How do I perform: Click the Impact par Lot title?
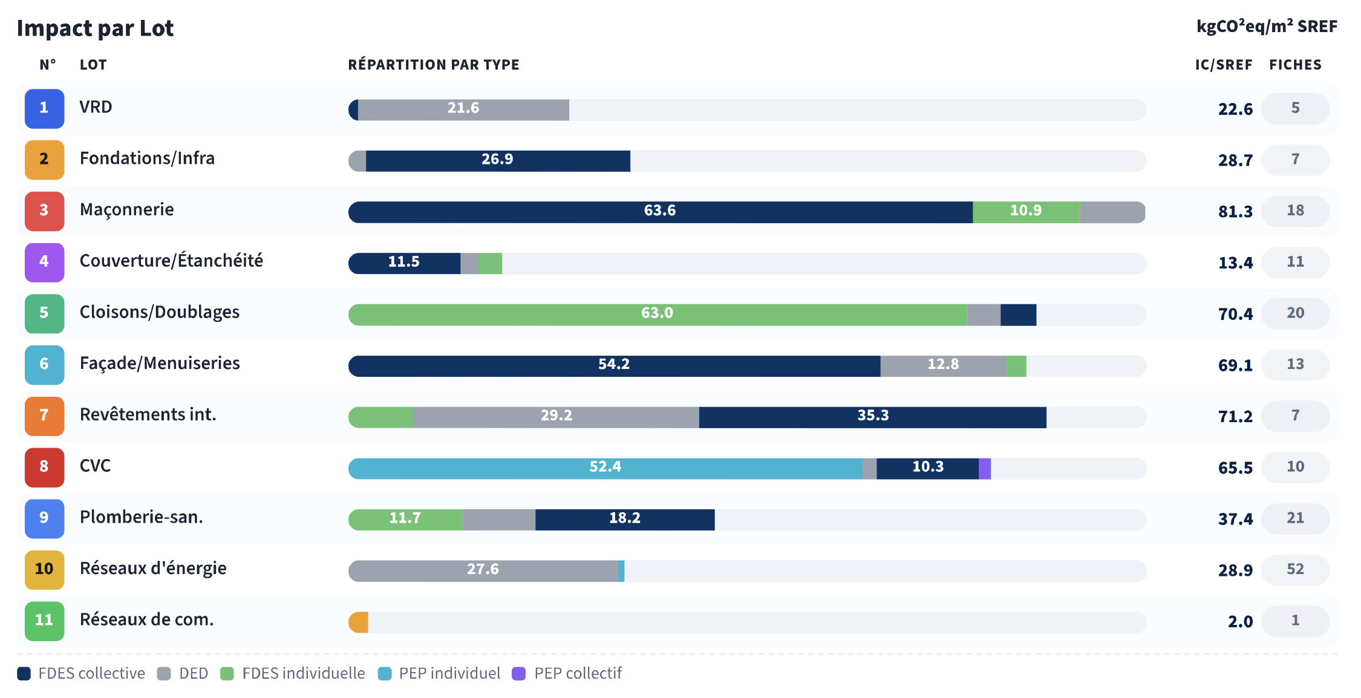click(95, 28)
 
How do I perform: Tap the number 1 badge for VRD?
click(44, 108)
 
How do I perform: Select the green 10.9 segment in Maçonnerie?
click(1026, 212)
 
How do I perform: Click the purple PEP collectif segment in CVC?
click(985, 469)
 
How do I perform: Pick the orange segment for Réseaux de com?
click(359, 622)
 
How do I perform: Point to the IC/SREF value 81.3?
click(1235, 212)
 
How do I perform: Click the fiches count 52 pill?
click(1295, 570)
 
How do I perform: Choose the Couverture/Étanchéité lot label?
click(171, 261)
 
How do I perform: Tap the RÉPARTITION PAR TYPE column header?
click(434, 65)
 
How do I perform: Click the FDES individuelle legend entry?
click(303, 674)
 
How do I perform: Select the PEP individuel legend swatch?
click(385, 674)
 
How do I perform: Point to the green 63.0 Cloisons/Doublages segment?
click(657, 315)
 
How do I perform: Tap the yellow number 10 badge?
click(44, 570)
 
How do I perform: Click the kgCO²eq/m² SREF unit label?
click(1267, 27)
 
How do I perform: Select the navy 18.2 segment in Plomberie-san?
click(625, 520)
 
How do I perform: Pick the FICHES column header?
click(1295, 65)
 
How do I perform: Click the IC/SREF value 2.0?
click(1240, 622)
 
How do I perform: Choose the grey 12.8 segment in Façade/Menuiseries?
click(943, 366)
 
